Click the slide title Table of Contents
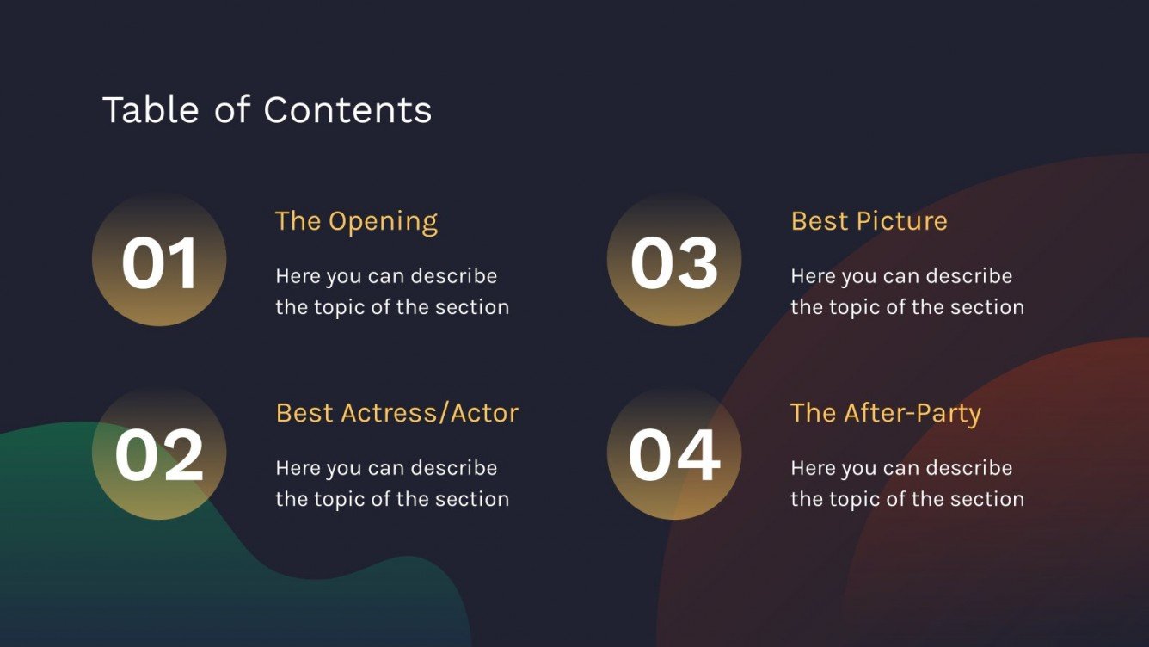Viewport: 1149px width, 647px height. pos(267,110)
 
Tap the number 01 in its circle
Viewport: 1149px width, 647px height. pos(160,262)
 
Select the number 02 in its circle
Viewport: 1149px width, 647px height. pos(160,454)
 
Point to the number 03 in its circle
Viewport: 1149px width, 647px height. pos(674,262)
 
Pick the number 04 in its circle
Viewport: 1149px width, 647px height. pos(674,454)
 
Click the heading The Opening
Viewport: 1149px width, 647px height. pos(356,221)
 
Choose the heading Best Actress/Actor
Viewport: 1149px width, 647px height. pos(396,413)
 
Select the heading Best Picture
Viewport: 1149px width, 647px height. pos(869,221)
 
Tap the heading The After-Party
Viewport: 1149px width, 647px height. pos(885,413)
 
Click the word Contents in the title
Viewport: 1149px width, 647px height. pos(347,110)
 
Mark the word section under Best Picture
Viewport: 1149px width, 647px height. pos(987,307)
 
